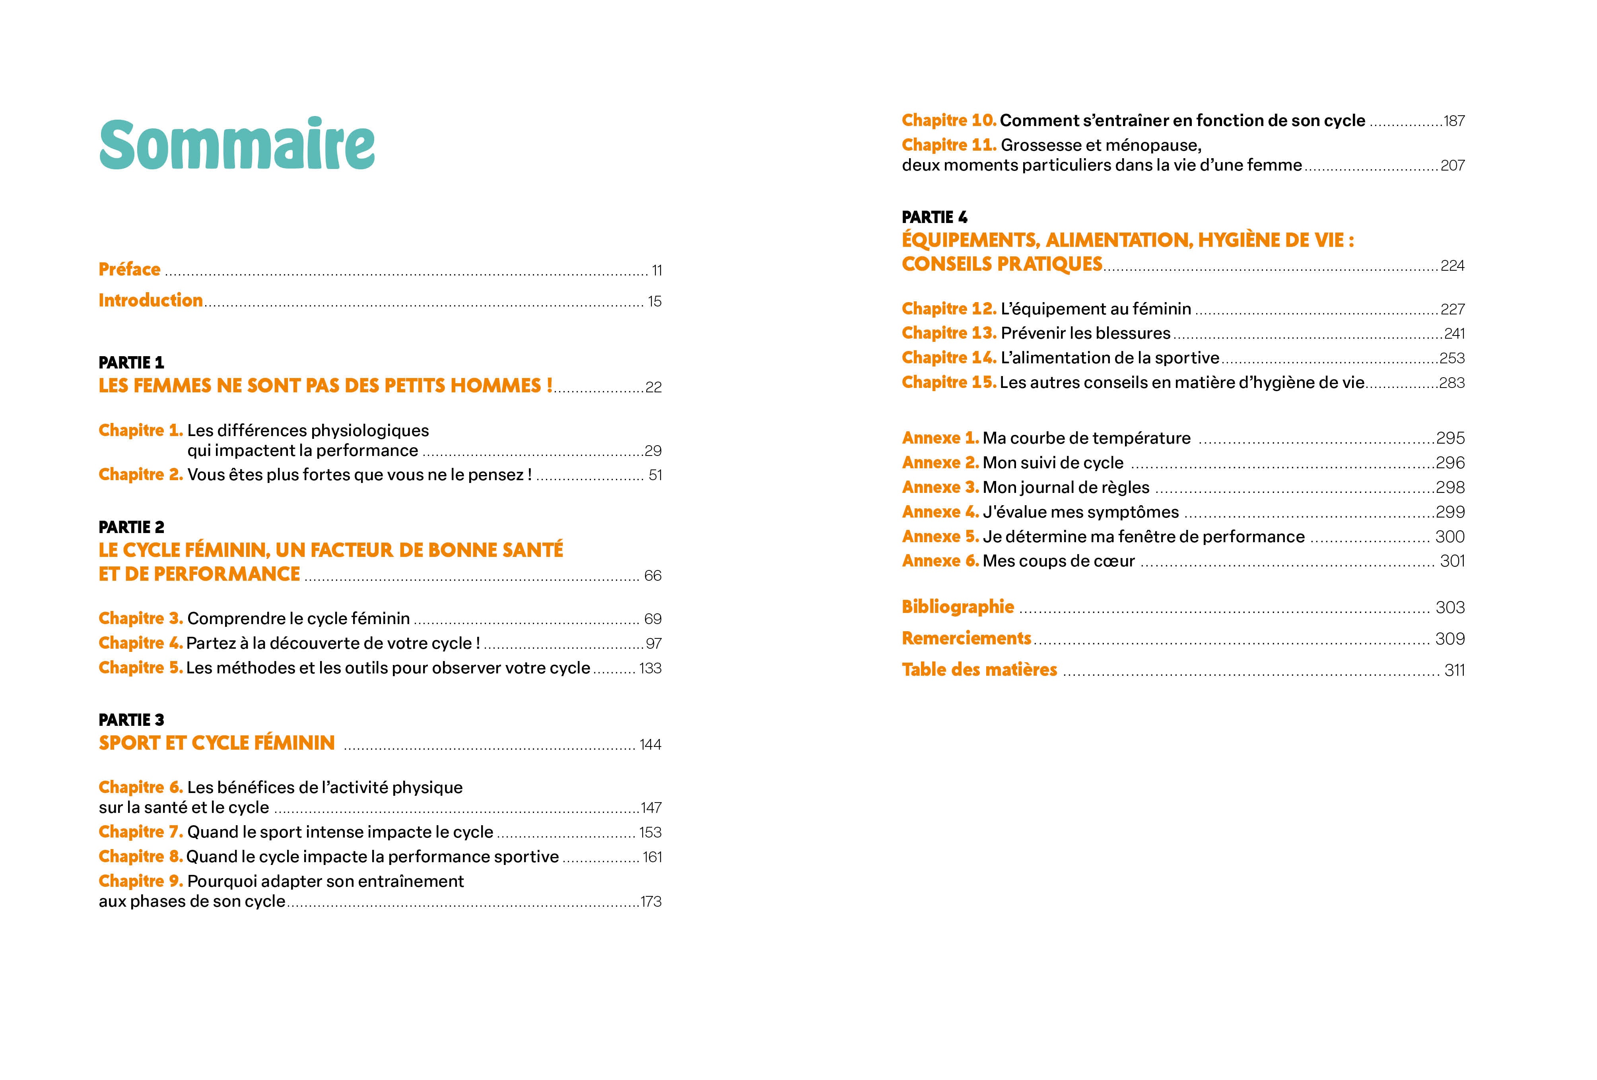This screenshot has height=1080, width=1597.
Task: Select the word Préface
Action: point(129,270)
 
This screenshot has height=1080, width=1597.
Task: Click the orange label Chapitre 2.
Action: point(141,475)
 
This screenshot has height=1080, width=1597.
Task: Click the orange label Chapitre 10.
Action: point(949,120)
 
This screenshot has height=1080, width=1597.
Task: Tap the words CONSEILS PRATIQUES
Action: point(1002,264)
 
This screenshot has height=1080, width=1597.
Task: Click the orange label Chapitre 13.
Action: point(949,333)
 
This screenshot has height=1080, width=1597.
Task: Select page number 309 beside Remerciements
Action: point(1450,639)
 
